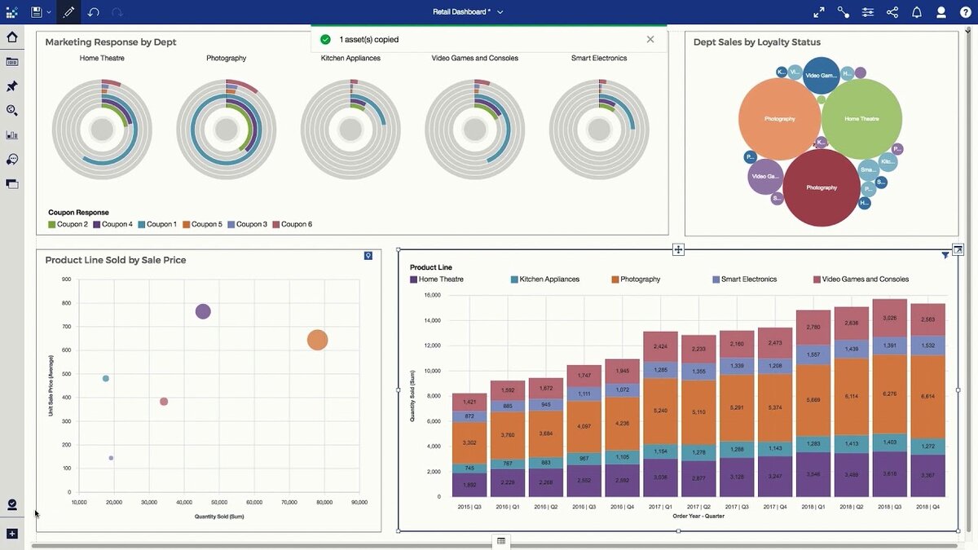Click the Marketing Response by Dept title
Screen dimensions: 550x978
[x=111, y=42]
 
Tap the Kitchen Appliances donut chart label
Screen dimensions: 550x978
[x=350, y=59]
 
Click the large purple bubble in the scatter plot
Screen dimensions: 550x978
[x=203, y=311]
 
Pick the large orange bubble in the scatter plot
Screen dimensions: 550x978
[x=317, y=341]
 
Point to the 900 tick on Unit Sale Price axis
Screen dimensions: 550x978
[x=66, y=279]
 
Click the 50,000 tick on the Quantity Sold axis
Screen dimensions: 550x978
[x=219, y=503]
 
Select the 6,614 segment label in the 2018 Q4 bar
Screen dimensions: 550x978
[x=927, y=396]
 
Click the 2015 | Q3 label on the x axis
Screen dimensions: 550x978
[x=469, y=506]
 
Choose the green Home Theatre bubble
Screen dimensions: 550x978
[x=861, y=119]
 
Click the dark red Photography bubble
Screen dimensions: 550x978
[x=821, y=187]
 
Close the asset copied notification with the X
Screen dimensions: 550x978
[x=650, y=39]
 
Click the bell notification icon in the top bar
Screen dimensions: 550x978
[x=917, y=12]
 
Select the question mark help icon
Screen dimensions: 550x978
[x=966, y=12]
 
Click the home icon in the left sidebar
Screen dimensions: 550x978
[x=12, y=37]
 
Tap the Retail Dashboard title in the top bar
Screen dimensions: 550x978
[x=461, y=12]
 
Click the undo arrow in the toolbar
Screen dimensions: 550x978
[x=93, y=12]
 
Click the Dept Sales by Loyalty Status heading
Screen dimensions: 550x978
[x=757, y=42]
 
